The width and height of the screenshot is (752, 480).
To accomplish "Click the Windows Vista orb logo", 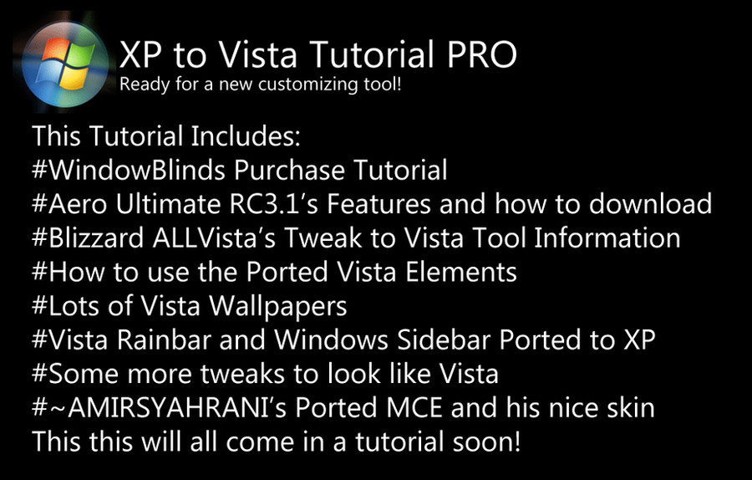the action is [66, 64].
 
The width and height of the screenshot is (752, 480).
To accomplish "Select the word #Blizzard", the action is [88, 238].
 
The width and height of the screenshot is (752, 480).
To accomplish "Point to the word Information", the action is [607, 238].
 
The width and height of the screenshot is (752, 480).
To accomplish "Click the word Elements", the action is [461, 272].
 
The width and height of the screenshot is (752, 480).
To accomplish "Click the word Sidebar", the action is [444, 340].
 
